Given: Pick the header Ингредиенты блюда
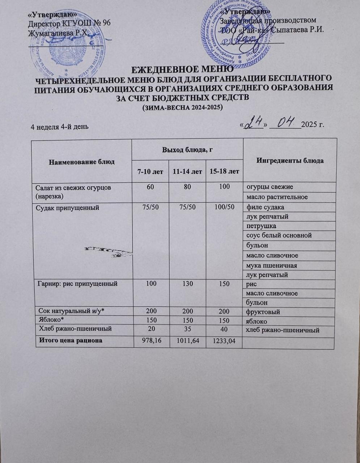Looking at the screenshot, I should (290, 161).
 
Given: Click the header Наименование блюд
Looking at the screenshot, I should (82, 162).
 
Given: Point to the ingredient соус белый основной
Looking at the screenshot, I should (279, 235).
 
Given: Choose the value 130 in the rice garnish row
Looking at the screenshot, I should (187, 284).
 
